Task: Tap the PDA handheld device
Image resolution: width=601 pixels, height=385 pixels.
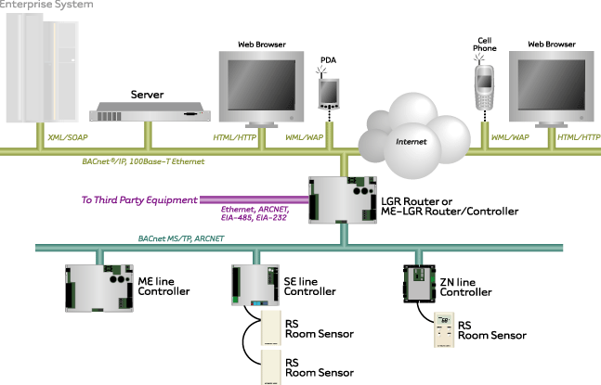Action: pos(328,92)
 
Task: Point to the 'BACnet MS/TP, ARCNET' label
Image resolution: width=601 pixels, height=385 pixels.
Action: pos(181,238)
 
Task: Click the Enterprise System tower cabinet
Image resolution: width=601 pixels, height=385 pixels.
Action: pos(39,67)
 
